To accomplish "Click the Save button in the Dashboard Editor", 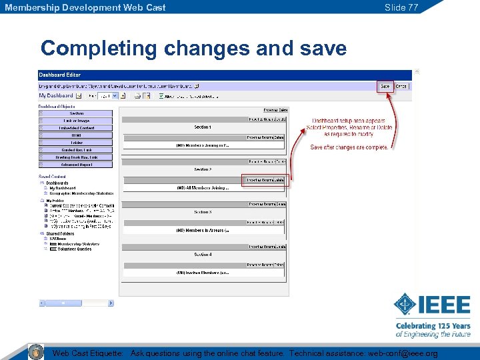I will [385, 87].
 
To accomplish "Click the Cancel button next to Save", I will [401, 87].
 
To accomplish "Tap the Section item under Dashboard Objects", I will [77, 113].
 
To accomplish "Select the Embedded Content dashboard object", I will [77, 128].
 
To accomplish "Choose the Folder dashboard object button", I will [77, 143].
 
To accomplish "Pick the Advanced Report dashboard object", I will [77, 164].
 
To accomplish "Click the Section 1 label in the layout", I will [203, 127].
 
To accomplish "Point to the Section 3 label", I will [203, 212].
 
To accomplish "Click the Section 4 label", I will [203, 255].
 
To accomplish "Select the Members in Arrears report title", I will [203, 231].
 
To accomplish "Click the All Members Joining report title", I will [203, 188].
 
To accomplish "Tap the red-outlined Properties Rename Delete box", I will [265, 180].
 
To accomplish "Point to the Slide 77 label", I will [401, 7].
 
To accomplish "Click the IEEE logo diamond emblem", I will [405, 306].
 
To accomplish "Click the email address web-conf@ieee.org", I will [403, 353].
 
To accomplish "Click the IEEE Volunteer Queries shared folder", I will [73, 249].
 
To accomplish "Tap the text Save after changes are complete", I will [349, 147].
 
